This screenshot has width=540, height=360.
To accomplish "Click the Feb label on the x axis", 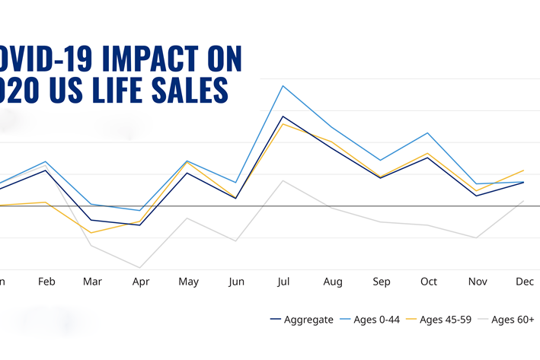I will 46,282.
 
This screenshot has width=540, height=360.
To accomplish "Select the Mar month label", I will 93,282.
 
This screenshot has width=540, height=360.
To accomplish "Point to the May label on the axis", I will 188,282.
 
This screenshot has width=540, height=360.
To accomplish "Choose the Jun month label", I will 237,282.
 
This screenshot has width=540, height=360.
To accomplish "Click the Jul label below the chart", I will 284,282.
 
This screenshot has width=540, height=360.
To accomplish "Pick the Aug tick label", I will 333,282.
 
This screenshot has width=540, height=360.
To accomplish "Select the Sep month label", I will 382,282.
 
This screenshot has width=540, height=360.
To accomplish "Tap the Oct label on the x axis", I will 429,282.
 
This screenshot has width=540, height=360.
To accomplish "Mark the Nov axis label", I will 478,282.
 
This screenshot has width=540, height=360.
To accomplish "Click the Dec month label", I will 524,282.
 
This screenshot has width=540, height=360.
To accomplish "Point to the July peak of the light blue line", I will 283,86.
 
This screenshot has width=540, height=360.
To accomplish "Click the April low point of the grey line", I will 140,267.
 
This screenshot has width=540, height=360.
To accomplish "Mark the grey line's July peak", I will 283,180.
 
